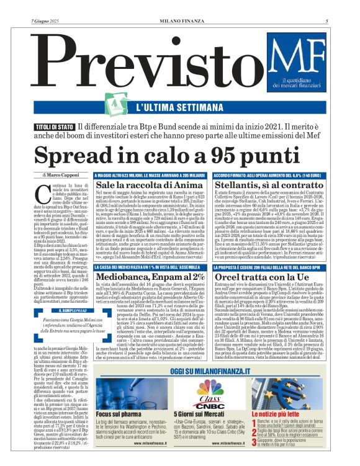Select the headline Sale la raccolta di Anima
coord(140,186)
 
